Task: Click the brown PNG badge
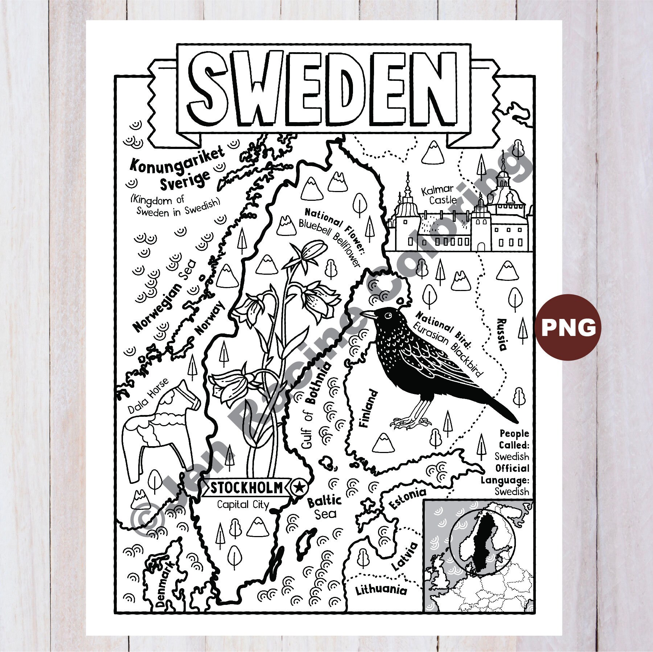[568, 327]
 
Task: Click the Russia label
[502, 335]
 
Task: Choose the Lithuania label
[381, 590]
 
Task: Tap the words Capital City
[243, 504]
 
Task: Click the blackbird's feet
[410, 421]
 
